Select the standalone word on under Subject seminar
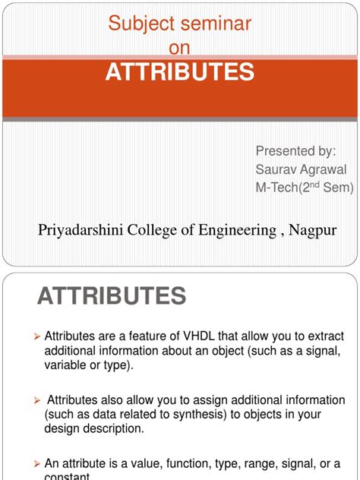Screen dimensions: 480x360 [179, 48]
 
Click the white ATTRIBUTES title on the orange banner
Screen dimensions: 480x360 [179, 72]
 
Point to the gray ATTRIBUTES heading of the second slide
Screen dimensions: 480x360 [111, 295]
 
